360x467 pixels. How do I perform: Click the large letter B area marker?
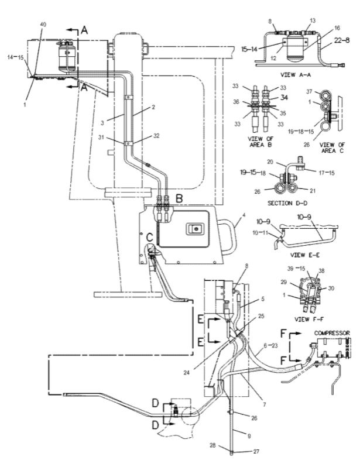coord(179,199)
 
